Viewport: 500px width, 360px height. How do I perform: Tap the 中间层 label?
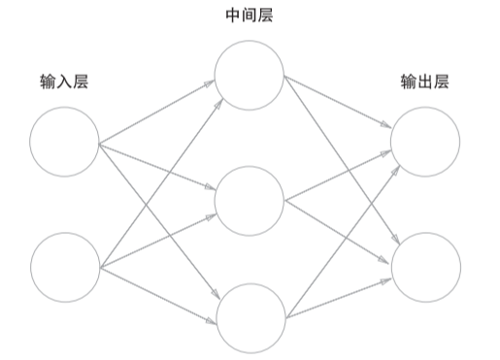250,16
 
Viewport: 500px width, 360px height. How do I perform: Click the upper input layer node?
64,142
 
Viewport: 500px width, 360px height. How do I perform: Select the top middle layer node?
250,75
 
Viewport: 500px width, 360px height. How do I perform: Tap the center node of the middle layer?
250,201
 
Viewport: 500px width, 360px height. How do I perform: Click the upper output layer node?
425,142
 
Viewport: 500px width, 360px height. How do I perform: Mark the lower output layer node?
425,266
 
